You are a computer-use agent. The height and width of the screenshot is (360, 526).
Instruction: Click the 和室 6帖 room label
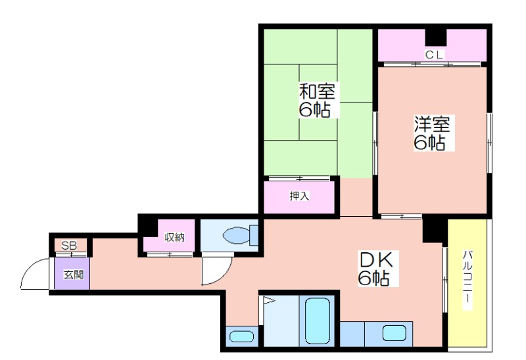point(318,100)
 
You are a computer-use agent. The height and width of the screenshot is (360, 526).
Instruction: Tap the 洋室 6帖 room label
point(432,133)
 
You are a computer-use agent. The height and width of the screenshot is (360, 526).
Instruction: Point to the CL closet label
point(435,55)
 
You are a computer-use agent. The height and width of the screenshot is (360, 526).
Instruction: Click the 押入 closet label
point(299,196)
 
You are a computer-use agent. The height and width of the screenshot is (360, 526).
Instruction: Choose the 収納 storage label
point(174,237)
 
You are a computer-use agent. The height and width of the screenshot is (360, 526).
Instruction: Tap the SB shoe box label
point(69,246)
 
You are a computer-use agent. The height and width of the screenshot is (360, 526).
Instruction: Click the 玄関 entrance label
point(74,275)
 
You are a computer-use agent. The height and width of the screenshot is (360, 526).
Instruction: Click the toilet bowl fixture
point(240,235)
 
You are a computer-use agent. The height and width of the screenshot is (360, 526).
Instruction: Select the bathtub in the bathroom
point(318,321)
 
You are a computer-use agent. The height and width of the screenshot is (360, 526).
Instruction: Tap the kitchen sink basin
point(394,333)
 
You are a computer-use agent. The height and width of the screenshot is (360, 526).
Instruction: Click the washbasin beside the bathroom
point(242,336)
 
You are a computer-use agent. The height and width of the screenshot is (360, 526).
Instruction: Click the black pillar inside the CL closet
point(436,37)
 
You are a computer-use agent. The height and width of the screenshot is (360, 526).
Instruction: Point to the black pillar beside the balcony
point(435,231)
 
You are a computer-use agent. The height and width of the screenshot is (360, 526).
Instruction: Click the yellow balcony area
point(467,283)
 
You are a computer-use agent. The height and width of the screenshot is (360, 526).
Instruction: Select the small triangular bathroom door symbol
point(268,300)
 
